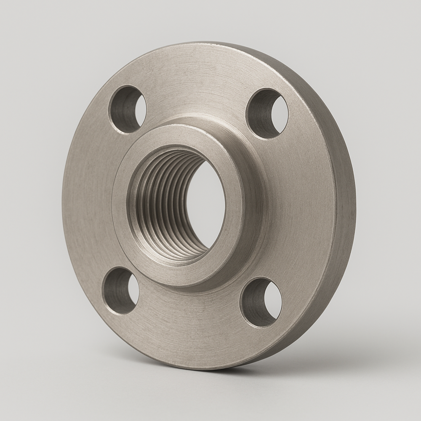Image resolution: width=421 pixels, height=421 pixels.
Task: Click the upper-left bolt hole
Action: pos(127,109)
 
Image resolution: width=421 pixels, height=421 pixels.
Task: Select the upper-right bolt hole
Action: pos(267,114)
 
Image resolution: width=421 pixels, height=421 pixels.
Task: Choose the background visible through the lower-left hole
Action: pos(132,290)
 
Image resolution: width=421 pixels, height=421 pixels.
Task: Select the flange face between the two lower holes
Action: pos(189,320)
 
